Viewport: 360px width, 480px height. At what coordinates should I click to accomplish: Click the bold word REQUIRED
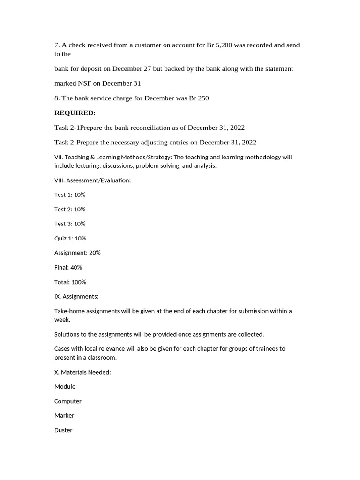pyautogui.click(x=74, y=113)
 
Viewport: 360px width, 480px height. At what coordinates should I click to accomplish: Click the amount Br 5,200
pyautogui.click(x=219, y=45)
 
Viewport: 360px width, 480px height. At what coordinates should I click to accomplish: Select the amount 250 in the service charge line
pyautogui.click(x=203, y=98)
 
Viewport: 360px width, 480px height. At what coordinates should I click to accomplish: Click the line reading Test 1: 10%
pyautogui.click(x=70, y=195)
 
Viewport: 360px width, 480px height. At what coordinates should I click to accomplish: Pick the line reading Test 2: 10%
pyautogui.click(x=70, y=209)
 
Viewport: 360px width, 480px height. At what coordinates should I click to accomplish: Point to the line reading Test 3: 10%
pyautogui.click(x=70, y=224)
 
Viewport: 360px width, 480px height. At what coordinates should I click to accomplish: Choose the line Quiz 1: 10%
pyautogui.click(x=70, y=238)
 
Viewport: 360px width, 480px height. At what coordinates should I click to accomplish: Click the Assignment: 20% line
pyautogui.click(x=77, y=253)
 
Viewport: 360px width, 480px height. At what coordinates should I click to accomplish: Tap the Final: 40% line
pyautogui.click(x=68, y=267)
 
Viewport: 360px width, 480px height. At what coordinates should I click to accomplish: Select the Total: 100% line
pyautogui.click(x=70, y=282)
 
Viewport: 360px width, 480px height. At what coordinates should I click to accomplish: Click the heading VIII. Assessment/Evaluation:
pyautogui.click(x=92, y=180)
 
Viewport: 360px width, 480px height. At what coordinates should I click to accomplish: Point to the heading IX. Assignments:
pyautogui.click(x=76, y=296)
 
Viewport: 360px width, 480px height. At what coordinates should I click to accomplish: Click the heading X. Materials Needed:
pyautogui.click(x=82, y=372)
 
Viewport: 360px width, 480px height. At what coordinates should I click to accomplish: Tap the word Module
pyautogui.click(x=65, y=387)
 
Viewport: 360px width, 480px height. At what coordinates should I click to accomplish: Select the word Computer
pyautogui.click(x=68, y=401)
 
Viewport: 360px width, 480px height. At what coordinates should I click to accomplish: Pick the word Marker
pyautogui.click(x=64, y=416)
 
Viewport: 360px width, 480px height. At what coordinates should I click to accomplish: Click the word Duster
pyautogui.click(x=63, y=430)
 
